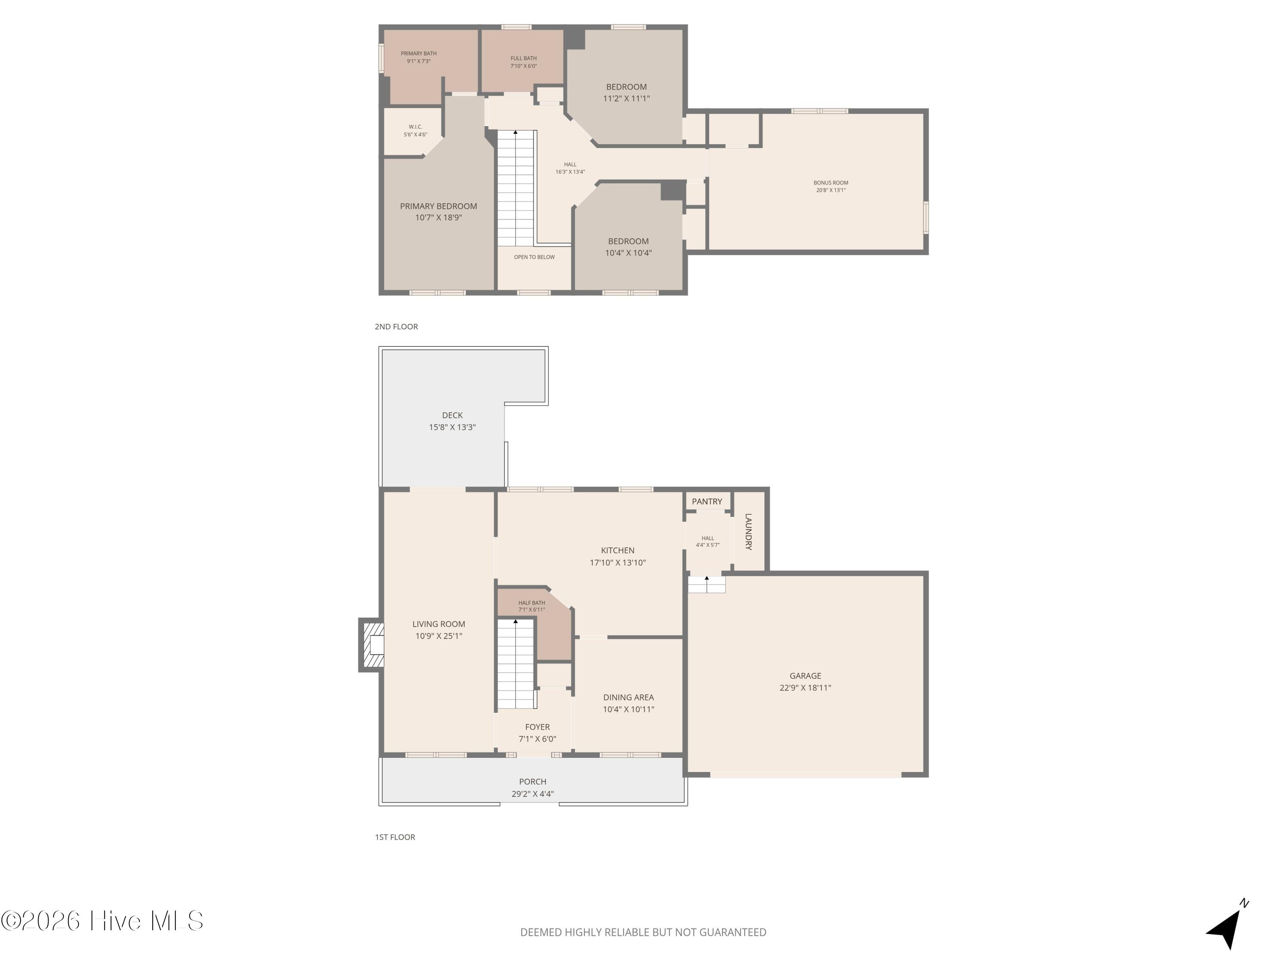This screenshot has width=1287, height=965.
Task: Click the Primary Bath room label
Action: coord(418,57)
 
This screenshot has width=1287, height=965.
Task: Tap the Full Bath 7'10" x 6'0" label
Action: coord(523,62)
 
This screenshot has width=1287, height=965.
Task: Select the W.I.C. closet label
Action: coord(415,130)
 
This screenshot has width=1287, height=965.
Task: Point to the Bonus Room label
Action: coord(830,186)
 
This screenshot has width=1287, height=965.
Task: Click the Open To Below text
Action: coord(534,256)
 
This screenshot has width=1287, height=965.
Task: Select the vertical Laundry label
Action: coord(748,531)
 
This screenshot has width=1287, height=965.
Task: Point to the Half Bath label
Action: coord(531,606)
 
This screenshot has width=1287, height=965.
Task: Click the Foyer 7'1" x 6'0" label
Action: coord(537,733)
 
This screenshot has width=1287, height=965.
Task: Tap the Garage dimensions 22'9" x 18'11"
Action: coord(805,688)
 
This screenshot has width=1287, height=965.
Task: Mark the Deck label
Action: coord(452,421)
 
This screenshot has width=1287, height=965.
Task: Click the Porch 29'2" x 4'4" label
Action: coord(532,787)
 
